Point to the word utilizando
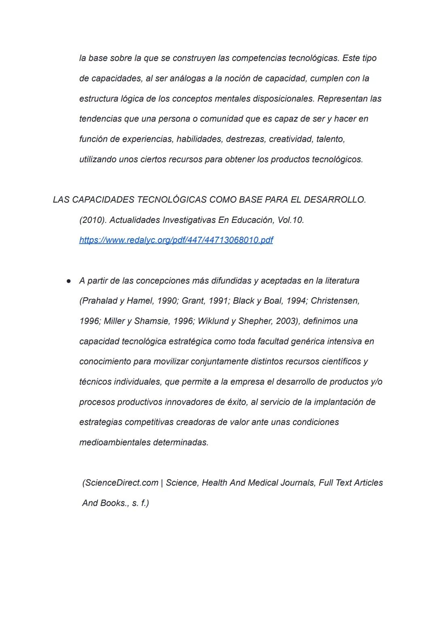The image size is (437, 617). pyautogui.click(x=98, y=159)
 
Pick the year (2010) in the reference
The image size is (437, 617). pyautogui.click(x=92, y=220)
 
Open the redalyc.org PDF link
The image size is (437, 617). pyautogui.click(x=176, y=240)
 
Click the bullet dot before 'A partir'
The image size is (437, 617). pyautogui.click(x=69, y=281)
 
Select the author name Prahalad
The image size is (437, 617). pyautogui.click(x=100, y=301)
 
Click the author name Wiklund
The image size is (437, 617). pyautogui.click(x=213, y=321)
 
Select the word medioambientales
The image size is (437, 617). pyautogui.click(x=115, y=443)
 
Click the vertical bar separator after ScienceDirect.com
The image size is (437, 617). pyautogui.click(x=162, y=483)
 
